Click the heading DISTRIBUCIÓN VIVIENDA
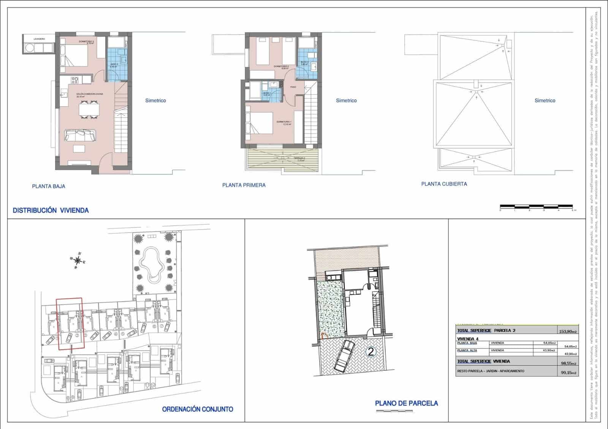51,210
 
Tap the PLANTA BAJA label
48,186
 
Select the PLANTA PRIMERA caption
244,185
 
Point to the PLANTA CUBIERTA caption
444,184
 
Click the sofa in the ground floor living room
80,135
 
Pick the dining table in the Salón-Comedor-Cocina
89,110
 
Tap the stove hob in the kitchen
75,80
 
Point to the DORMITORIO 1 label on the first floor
284,122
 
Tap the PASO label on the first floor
293,87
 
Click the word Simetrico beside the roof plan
545,101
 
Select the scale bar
536,207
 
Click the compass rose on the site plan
78,260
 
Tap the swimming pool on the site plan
151,264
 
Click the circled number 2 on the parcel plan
370,352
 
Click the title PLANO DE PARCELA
406,404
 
